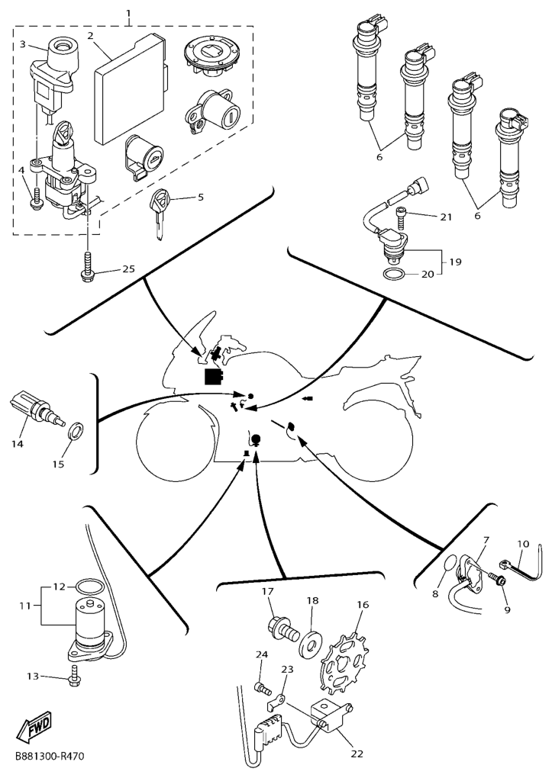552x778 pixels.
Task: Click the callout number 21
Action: coord(446,217)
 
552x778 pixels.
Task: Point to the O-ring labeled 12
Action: coord(89,587)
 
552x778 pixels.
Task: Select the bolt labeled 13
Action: coord(75,675)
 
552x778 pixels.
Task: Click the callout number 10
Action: coord(523,545)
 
